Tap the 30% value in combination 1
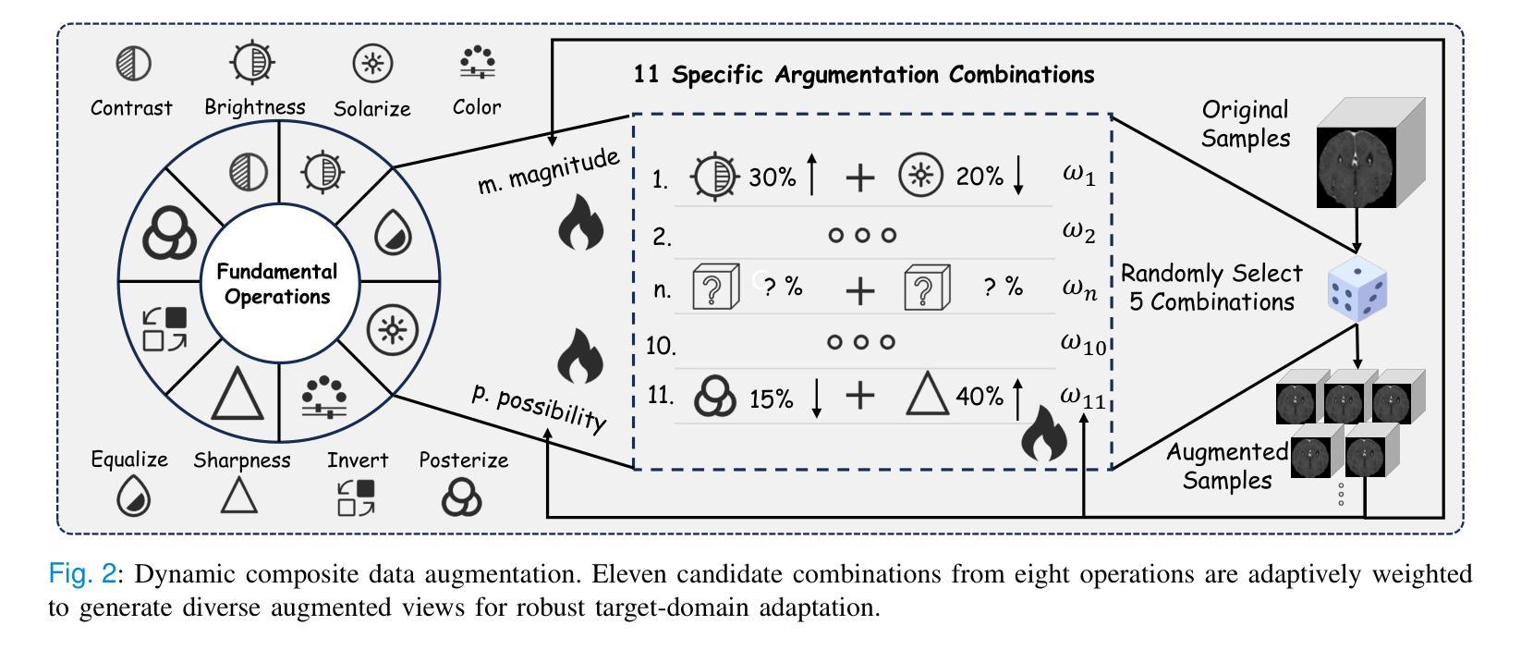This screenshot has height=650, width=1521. click(x=772, y=178)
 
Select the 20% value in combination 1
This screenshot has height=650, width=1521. click(x=980, y=177)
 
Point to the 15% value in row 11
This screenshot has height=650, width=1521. click(x=772, y=399)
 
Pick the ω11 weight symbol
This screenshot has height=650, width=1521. click(x=1082, y=397)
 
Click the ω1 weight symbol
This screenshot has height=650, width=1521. click(x=1078, y=176)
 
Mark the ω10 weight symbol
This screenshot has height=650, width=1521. click(x=1082, y=342)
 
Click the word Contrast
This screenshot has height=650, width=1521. click(x=131, y=108)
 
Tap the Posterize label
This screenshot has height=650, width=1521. click(x=464, y=460)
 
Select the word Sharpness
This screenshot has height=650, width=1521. click(x=242, y=460)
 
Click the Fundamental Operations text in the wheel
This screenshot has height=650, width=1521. click(x=277, y=285)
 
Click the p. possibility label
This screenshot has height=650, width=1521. click(x=539, y=407)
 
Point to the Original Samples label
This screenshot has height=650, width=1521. click(x=1245, y=124)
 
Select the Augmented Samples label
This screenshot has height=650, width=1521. click(x=1227, y=466)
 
